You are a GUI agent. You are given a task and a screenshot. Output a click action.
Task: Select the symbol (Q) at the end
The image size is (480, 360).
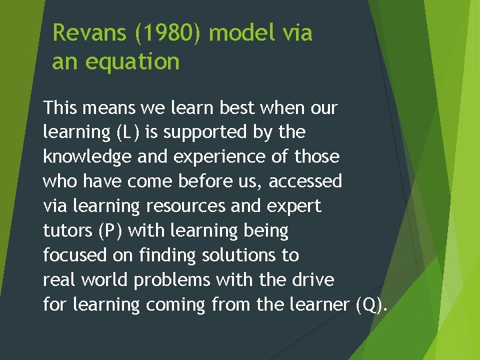371,305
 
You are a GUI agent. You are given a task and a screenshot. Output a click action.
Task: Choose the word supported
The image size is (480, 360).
195,132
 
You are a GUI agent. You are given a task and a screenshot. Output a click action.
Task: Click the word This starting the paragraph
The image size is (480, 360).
63,107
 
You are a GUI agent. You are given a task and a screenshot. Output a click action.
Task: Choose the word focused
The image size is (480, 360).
76,255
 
